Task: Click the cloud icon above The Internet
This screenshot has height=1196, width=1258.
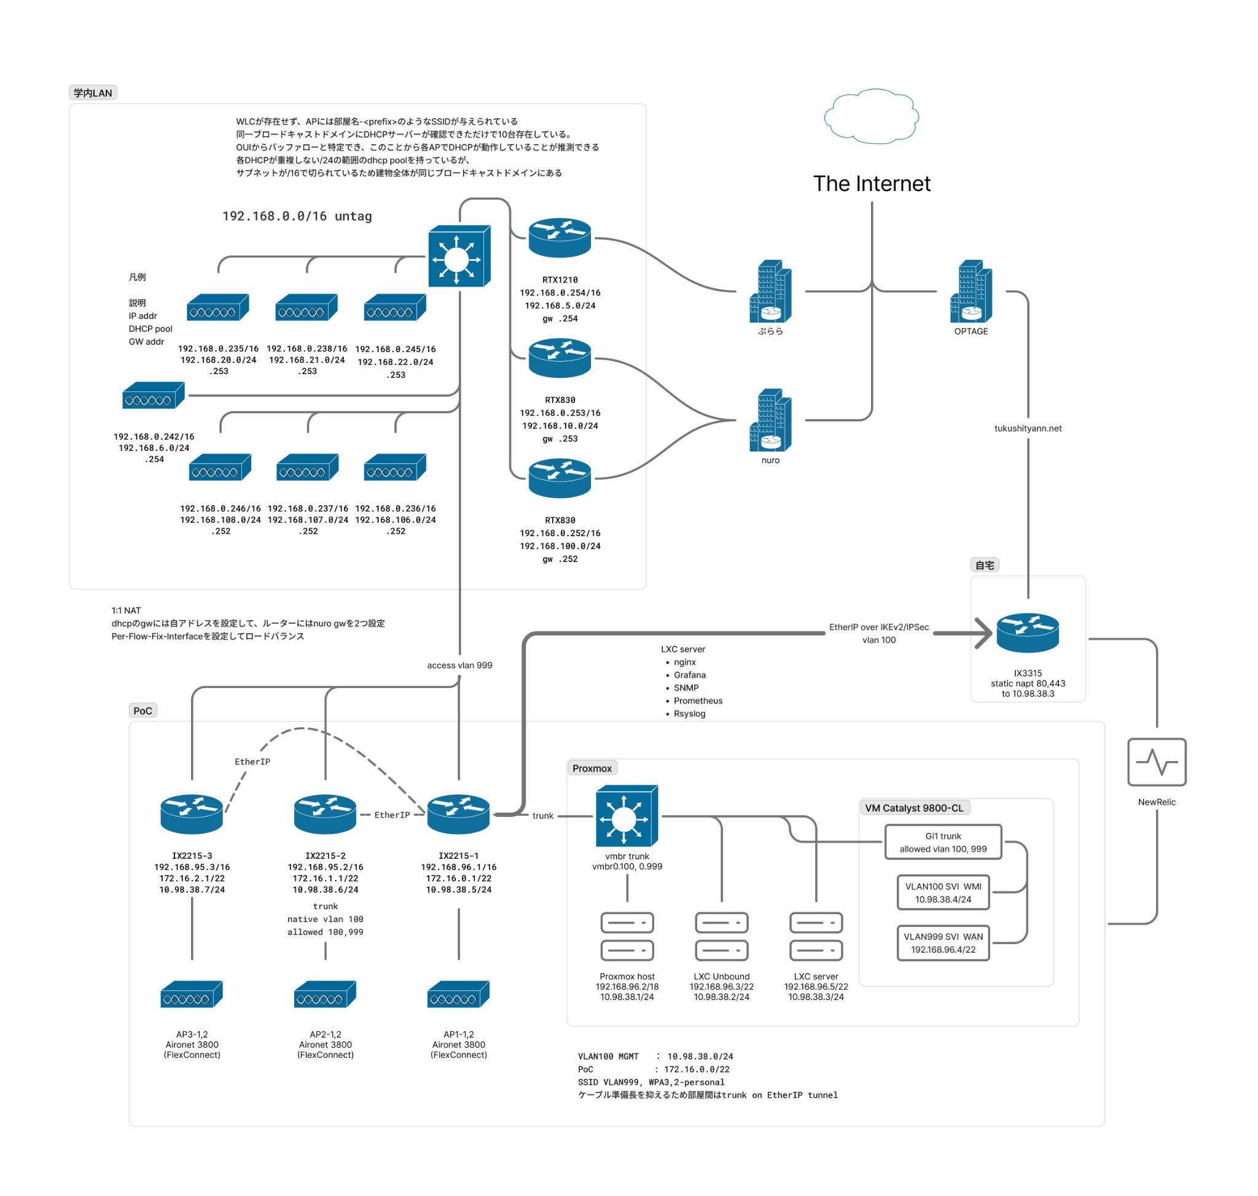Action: click(x=871, y=116)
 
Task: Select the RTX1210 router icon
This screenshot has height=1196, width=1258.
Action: click(x=559, y=238)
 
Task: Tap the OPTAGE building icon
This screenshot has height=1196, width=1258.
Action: click(x=971, y=291)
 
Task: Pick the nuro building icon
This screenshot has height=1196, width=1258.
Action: click(x=770, y=420)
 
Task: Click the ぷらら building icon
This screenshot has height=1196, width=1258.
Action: click(x=770, y=291)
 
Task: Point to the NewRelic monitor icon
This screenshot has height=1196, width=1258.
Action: click(x=1156, y=762)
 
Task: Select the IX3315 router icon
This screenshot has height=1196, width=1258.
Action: click(x=1027, y=633)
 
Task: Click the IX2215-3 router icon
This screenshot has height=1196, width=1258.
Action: click(x=191, y=814)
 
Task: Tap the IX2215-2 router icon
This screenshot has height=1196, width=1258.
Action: click(x=324, y=814)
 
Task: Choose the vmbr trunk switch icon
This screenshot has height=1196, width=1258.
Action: click(x=627, y=815)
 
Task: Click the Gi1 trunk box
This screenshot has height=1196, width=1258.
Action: click(x=942, y=842)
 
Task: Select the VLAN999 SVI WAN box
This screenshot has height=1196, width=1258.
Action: click(x=942, y=942)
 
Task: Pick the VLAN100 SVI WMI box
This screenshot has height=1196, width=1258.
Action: click(x=942, y=892)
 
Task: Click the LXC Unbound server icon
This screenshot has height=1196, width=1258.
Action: click(x=721, y=936)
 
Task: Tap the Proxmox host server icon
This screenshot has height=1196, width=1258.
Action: click(x=627, y=936)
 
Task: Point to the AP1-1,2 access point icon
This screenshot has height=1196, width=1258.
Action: click(x=458, y=994)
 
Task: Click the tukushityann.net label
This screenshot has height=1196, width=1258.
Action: click(x=1027, y=428)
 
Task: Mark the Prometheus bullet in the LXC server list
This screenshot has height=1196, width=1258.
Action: click(x=698, y=701)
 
